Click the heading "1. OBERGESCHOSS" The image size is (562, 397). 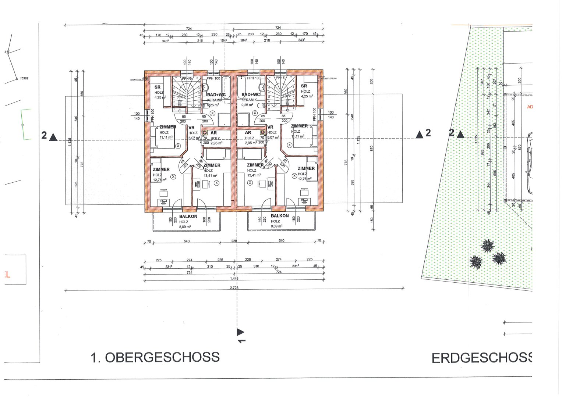point(155,357)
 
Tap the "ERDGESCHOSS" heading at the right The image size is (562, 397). point(482,358)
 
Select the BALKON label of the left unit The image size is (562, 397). point(188,217)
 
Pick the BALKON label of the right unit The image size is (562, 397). point(280,217)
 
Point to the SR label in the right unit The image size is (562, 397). point(304,86)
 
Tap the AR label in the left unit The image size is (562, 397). point(213,133)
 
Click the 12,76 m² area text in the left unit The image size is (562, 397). point(159,180)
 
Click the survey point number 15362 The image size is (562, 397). point(24,78)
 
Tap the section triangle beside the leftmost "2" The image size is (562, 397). point(53,137)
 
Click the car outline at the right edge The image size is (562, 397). point(530,162)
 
